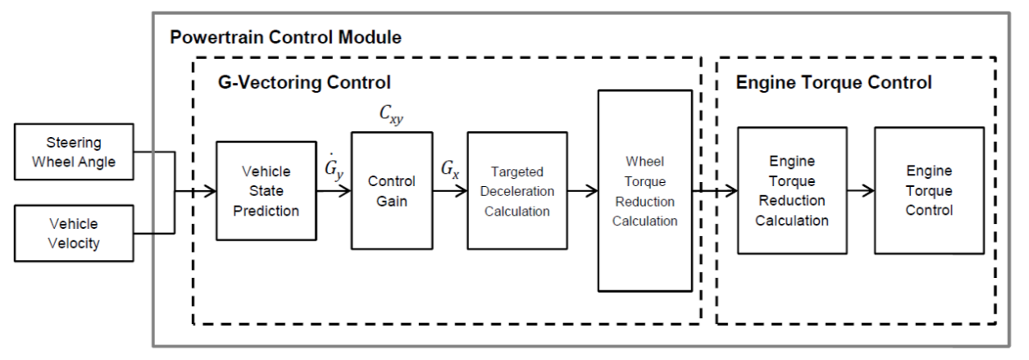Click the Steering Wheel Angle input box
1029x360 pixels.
75,152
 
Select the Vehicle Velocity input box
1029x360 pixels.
75,234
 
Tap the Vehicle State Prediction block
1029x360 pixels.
266,191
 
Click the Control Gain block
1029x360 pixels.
391,190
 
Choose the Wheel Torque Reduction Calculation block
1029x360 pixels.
644,190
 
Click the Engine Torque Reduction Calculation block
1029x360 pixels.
791,190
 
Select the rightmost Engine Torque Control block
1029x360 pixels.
928,190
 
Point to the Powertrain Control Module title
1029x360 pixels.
285,38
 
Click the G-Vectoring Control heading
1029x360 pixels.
304,83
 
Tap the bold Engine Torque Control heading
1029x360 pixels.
834,83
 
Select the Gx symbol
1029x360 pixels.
449,171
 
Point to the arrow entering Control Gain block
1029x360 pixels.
334,191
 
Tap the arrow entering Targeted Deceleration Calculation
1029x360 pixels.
449,191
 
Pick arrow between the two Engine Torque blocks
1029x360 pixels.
860,191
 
